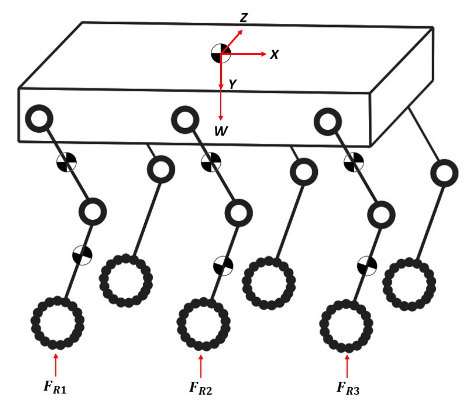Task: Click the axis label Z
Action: (243, 18)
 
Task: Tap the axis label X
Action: (274, 55)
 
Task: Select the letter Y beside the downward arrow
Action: (232, 84)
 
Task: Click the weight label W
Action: (221, 131)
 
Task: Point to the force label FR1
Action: (55, 387)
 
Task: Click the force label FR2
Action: (200, 388)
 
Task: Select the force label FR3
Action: (348, 388)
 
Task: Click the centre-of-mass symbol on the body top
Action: (221, 54)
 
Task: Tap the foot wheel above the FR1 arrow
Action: (58, 323)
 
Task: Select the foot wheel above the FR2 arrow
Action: (203, 324)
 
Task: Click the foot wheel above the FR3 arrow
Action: (346, 325)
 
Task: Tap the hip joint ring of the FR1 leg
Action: (39, 119)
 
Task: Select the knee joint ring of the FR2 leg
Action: (239, 213)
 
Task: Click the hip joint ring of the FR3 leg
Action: (328, 122)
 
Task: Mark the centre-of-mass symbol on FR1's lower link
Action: (82, 255)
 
